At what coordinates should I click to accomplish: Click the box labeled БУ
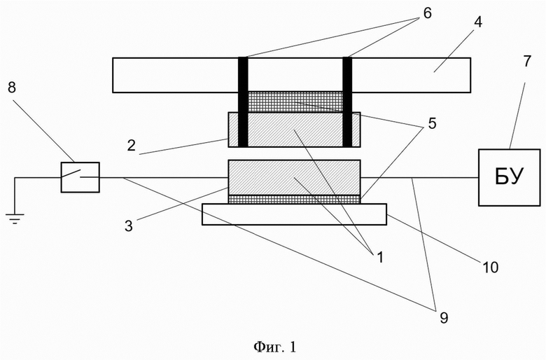coord(509,177)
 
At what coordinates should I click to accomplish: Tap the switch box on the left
coord(80,177)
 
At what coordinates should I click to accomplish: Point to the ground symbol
coord(15,219)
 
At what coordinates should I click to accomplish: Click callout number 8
coord(12,88)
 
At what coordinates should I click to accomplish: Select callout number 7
coord(527,62)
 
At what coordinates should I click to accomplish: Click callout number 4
coord(478,22)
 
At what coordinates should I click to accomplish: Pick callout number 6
coord(427,13)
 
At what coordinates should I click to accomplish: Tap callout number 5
coord(432,123)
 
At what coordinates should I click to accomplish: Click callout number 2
coord(131,145)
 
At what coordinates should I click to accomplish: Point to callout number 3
coord(129,226)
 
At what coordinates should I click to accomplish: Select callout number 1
coord(379,257)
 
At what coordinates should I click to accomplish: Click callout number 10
coord(490,268)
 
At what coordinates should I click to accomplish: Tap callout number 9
coord(444,317)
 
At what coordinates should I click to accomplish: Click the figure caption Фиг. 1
coord(274,347)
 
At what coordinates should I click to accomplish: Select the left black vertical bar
coord(243,102)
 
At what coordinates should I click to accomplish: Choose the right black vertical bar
coord(347,102)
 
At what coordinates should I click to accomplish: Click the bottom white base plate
coord(294,214)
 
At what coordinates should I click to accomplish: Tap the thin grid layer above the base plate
coord(294,200)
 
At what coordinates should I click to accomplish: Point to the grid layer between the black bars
coord(295,102)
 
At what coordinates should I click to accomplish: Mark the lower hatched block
coord(294,177)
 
